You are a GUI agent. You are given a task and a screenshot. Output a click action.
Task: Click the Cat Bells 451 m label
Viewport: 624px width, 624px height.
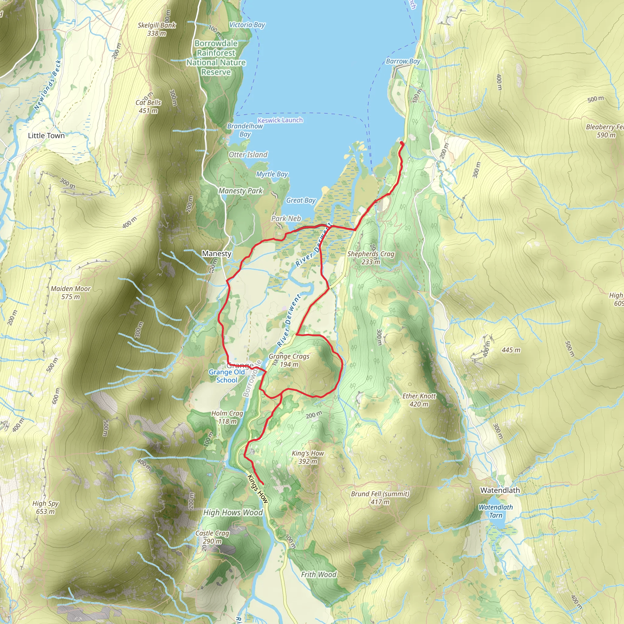(x=148, y=107)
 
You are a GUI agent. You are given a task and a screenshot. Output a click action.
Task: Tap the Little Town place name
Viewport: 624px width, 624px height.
(x=46, y=136)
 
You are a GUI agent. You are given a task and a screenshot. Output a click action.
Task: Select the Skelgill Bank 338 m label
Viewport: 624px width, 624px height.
(x=157, y=29)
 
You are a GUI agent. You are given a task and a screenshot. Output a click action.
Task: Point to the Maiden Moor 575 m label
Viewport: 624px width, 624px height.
(x=70, y=292)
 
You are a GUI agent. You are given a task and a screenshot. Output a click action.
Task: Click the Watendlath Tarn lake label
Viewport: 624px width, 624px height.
(x=495, y=511)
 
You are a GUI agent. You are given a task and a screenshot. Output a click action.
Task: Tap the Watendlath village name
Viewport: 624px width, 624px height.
(x=500, y=490)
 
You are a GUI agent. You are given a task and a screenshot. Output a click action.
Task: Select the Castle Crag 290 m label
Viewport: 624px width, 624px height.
(x=212, y=537)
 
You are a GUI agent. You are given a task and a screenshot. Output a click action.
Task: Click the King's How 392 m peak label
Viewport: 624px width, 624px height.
(x=308, y=457)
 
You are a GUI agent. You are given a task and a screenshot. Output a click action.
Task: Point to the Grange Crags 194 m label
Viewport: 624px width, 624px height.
(x=289, y=360)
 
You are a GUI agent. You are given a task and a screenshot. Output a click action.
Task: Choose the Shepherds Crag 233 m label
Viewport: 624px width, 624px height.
(x=371, y=258)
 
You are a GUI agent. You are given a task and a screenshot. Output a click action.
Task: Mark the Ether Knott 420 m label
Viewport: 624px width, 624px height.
(x=419, y=400)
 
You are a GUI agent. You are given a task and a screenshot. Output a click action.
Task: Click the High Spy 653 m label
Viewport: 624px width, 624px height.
(x=45, y=507)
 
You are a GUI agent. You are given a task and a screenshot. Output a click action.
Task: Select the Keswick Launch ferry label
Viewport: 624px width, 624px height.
(x=280, y=120)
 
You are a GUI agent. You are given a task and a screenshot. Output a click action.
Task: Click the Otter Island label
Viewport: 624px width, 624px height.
(x=248, y=155)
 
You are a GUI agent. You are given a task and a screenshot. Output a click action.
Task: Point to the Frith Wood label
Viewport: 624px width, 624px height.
(x=318, y=574)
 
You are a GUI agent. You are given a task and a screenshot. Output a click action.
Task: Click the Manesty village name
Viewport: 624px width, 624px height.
(x=216, y=253)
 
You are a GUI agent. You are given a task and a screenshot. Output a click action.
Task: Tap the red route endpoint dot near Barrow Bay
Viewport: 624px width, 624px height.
(x=402, y=143)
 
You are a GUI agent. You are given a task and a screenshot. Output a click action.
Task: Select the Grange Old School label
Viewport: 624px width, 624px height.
(x=227, y=376)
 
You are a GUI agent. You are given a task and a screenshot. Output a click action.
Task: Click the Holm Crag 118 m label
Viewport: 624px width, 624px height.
(x=227, y=417)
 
